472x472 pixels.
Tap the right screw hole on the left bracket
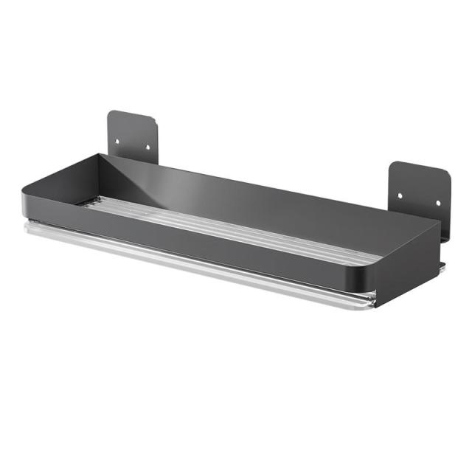coord(147,147)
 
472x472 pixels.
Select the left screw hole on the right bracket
coord(400,196)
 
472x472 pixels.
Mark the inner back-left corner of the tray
coord(101,156)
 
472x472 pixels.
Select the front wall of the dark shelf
coord(199,251)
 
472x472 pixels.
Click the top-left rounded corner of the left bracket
coord(111,114)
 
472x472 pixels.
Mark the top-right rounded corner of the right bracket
coord(446,175)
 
